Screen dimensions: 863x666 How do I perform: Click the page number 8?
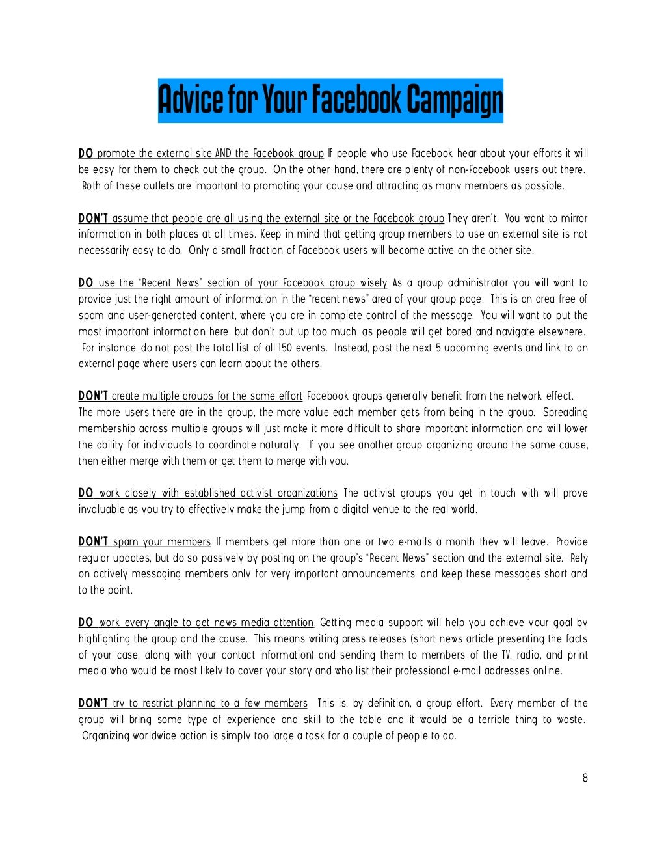pos(585,778)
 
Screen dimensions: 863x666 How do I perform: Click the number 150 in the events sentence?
pos(284,348)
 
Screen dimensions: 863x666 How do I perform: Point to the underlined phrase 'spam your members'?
pos(162,542)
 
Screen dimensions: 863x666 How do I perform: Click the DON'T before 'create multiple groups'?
pos(93,396)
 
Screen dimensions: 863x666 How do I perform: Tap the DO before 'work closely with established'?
pos(85,493)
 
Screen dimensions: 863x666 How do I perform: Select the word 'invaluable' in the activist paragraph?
pos(101,510)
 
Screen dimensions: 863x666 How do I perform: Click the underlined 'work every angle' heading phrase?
pos(206,623)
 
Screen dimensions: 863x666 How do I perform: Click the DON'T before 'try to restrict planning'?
pos(93,704)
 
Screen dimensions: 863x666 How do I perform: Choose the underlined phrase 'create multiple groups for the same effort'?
pos(207,396)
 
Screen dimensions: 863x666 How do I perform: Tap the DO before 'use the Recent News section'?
pos(85,283)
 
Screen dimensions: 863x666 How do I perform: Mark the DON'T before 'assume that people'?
pos(93,219)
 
